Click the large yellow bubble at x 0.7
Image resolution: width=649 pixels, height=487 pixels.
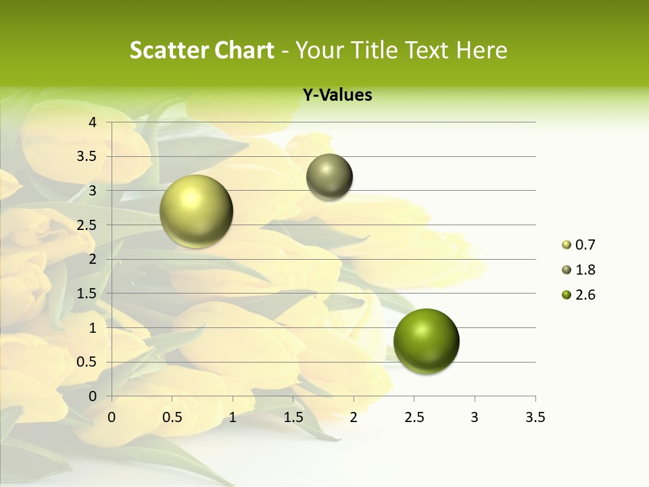[196, 211]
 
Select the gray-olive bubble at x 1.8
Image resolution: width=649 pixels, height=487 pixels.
[329, 177]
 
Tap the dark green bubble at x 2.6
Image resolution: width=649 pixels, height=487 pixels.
[426, 340]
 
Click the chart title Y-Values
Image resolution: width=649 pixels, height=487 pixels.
[337, 95]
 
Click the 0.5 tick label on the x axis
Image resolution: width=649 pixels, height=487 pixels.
[172, 417]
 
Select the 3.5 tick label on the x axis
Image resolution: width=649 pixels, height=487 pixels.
[535, 417]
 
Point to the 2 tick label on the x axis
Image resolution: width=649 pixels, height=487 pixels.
[353, 417]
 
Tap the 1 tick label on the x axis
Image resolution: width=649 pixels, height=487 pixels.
[233, 417]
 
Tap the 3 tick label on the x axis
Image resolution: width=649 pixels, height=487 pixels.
[475, 417]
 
